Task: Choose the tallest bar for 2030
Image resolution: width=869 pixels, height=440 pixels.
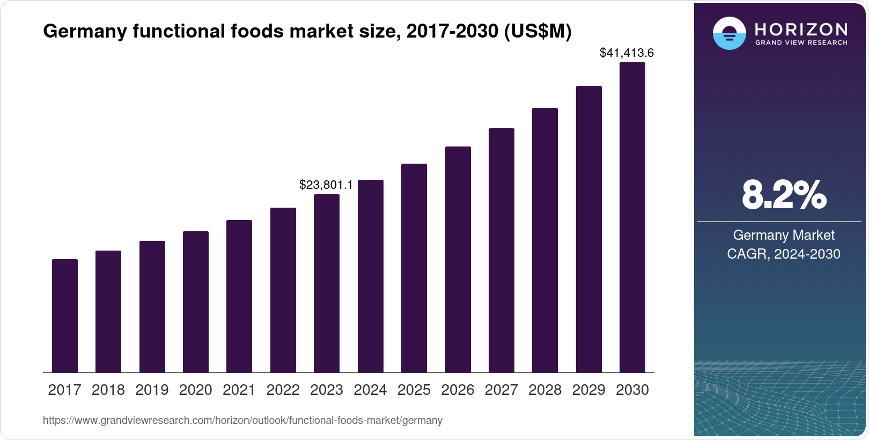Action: click(x=632, y=217)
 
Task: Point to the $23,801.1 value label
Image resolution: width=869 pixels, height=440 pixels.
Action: click(x=326, y=185)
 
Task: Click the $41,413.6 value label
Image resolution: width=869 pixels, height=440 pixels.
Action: click(x=627, y=53)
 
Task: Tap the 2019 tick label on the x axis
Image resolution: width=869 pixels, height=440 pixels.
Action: click(x=152, y=390)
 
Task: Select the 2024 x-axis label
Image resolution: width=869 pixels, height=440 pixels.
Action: click(x=370, y=390)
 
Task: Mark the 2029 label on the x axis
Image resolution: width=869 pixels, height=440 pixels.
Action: click(x=588, y=390)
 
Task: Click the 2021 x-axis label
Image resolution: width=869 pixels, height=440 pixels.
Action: click(x=239, y=390)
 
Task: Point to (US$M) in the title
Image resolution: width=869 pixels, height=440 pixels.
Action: click(x=537, y=32)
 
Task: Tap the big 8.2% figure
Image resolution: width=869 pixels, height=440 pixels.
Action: click(x=784, y=195)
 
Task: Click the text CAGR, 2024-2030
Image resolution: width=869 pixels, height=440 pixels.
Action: click(x=783, y=254)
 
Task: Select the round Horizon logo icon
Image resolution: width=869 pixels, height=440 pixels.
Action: click(x=729, y=33)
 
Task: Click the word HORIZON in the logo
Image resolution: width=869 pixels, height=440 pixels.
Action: click(x=801, y=30)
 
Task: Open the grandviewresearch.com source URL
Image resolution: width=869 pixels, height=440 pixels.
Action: click(x=242, y=421)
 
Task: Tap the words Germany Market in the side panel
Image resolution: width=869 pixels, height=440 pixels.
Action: click(x=783, y=235)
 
